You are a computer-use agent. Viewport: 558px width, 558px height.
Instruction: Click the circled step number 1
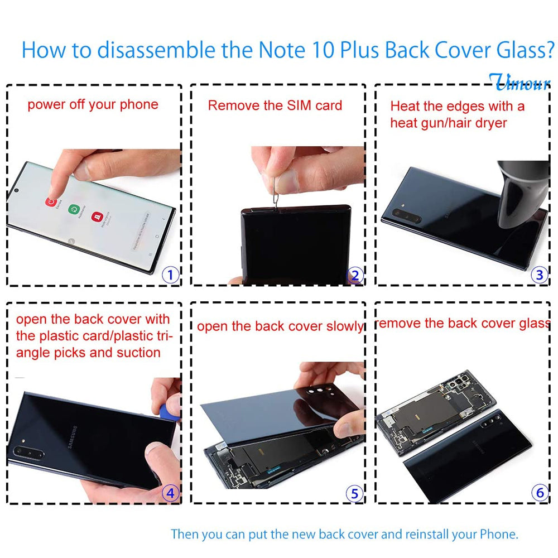click(x=170, y=274)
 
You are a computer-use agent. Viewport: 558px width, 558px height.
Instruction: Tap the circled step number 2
click(x=355, y=275)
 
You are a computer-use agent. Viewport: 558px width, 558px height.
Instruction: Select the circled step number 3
click(x=539, y=275)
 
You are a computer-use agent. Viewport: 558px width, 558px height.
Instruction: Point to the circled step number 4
click(x=170, y=493)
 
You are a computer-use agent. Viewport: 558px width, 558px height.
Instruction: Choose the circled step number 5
click(x=355, y=493)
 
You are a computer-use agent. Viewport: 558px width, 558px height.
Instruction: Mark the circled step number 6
click(x=539, y=493)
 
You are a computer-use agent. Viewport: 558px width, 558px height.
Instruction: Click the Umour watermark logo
click(x=519, y=82)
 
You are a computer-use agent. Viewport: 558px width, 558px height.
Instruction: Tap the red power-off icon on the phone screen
click(x=52, y=203)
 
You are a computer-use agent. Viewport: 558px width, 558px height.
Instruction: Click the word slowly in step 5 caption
click(x=341, y=326)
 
